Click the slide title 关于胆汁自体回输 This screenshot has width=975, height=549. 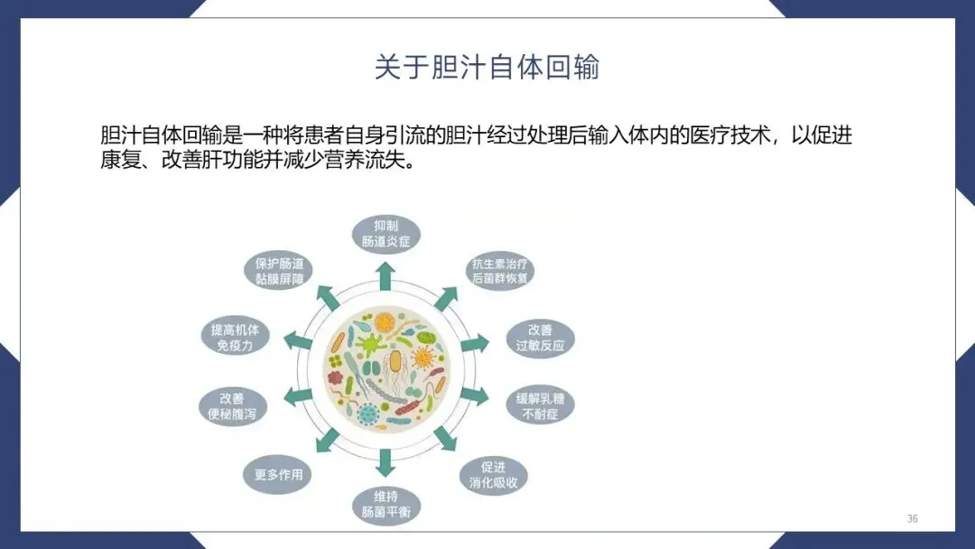pyautogui.click(x=487, y=68)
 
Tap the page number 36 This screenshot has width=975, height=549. pyautogui.click(x=912, y=518)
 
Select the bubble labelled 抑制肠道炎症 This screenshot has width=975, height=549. pyautogui.click(x=385, y=233)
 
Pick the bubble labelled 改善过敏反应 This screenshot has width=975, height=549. pyautogui.click(x=540, y=338)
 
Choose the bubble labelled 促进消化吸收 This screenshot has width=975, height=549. pyautogui.click(x=493, y=475)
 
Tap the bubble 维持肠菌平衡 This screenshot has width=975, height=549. pyautogui.click(x=385, y=506)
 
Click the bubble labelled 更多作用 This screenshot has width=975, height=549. pyautogui.click(x=279, y=475)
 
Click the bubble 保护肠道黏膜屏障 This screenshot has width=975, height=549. pyautogui.click(x=279, y=271)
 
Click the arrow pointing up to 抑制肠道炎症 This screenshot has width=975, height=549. pyautogui.click(x=385, y=275)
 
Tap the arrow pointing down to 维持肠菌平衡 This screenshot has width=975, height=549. pyautogui.click(x=385, y=462)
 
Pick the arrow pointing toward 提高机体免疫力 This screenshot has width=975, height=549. pyautogui.click(x=298, y=340)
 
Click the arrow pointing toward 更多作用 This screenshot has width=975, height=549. pyautogui.click(x=327, y=442)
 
